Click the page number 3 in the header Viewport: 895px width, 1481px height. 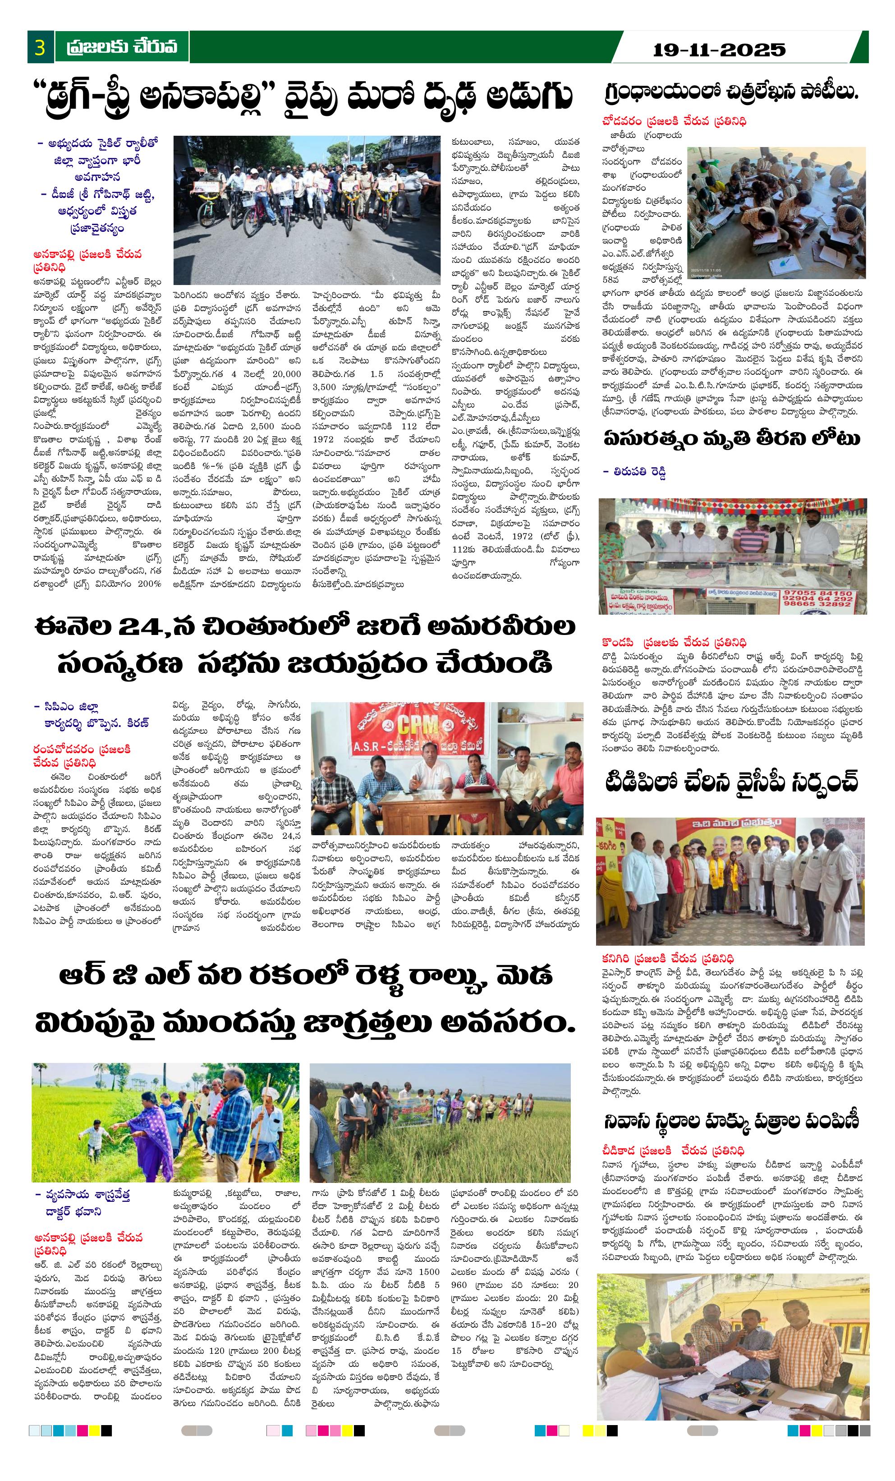pos(40,47)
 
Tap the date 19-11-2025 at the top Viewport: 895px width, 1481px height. pos(719,49)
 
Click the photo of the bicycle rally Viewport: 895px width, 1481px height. pos(307,209)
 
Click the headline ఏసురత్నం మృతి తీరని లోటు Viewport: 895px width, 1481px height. pos(731,439)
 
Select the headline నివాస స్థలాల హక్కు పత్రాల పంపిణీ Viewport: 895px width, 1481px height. pos(731,1121)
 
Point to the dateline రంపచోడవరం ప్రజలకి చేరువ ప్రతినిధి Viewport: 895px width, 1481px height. pos(82,755)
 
